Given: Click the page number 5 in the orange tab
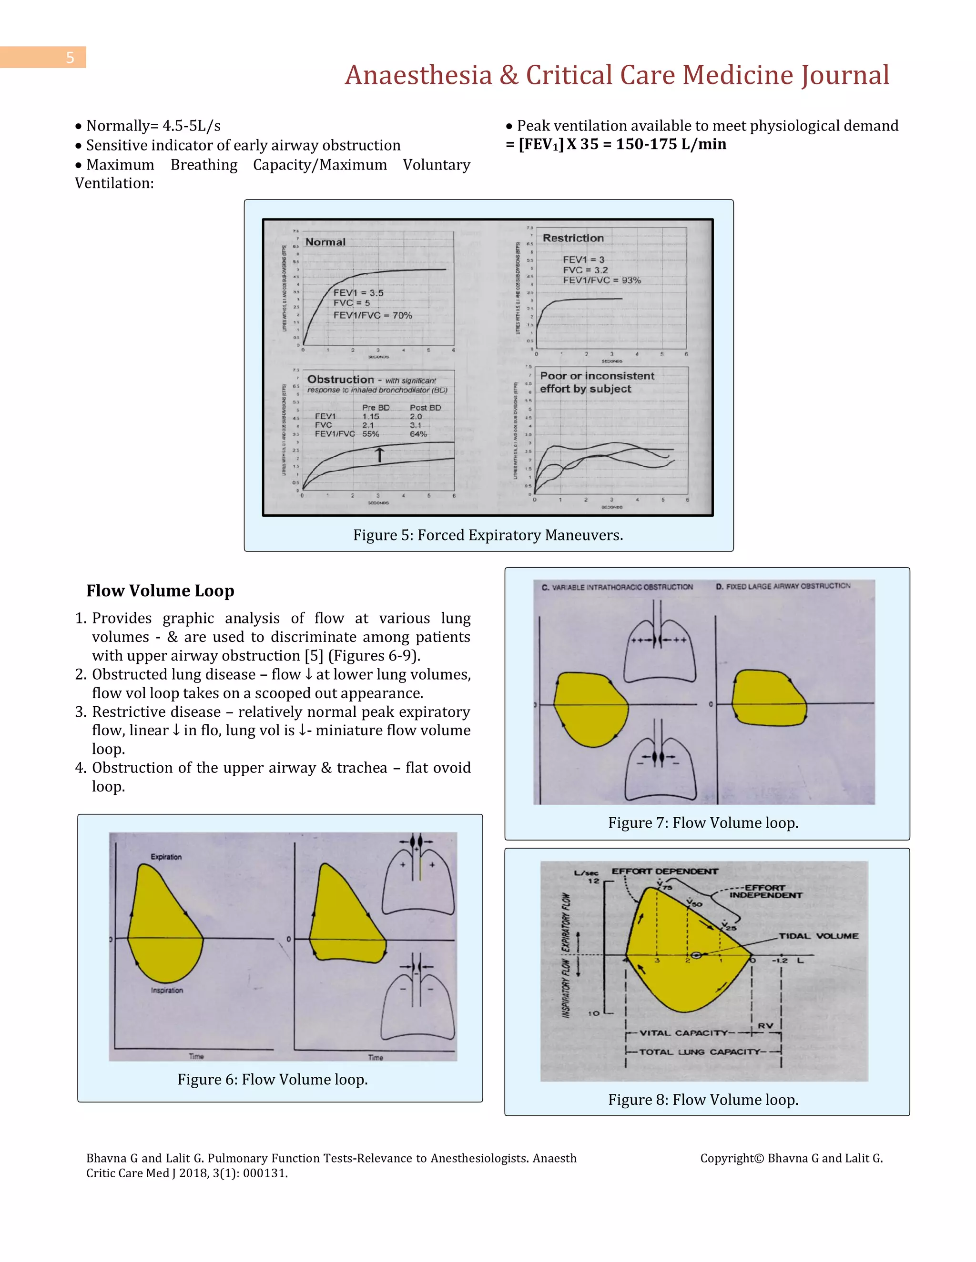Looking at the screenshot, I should pyautogui.click(x=70, y=58).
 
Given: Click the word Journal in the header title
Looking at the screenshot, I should pyautogui.click(x=845, y=75).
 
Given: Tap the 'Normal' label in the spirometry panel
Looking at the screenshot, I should pyautogui.click(x=325, y=242).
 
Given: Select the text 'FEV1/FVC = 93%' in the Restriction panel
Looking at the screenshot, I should pyautogui.click(x=602, y=280).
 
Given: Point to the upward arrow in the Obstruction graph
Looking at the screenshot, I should pyautogui.click(x=379, y=455).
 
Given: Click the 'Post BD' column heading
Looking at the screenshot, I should pyautogui.click(x=425, y=407).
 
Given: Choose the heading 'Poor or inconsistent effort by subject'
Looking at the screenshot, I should pyautogui.click(x=596, y=382).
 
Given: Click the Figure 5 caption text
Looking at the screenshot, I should pyautogui.click(x=488, y=535).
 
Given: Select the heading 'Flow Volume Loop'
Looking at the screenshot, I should pyautogui.click(x=160, y=591).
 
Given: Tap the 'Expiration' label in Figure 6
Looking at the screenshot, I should pyautogui.click(x=166, y=857).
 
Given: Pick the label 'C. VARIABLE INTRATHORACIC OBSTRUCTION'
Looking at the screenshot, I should pyautogui.click(x=617, y=587).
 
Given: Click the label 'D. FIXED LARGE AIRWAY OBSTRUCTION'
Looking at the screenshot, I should pyautogui.click(x=783, y=586).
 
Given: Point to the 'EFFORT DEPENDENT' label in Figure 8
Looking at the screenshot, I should pyautogui.click(x=665, y=871).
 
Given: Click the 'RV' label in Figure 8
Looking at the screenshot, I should pyautogui.click(x=765, y=1026).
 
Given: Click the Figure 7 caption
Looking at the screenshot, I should pyautogui.click(x=702, y=823).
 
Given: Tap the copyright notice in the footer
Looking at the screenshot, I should pyautogui.click(x=791, y=1158).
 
